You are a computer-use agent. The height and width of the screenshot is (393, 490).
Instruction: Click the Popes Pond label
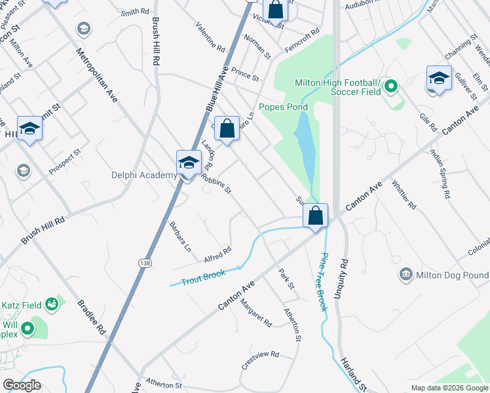[283, 107]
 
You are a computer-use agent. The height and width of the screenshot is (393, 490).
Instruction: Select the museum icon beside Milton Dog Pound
[405, 273]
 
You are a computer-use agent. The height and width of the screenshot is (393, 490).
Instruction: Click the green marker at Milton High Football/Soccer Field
[391, 85]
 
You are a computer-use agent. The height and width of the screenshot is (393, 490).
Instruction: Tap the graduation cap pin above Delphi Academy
[189, 162]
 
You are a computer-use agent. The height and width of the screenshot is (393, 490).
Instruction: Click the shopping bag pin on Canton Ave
[315, 215]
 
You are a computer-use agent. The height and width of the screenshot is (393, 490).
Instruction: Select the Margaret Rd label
[255, 313]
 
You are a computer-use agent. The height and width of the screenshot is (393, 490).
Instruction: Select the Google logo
[22, 385]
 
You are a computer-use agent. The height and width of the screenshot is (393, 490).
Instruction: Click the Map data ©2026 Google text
[449, 388]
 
